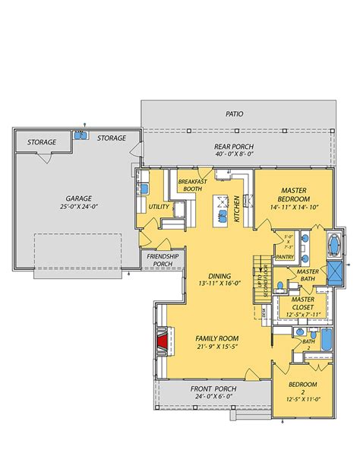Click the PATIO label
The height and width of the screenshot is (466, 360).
click(x=234, y=114)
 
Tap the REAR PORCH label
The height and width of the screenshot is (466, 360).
click(x=233, y=147)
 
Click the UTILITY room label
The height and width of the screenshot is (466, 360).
click(x=158, y=206)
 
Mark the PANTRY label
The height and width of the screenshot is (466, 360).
click(x=285, y=257)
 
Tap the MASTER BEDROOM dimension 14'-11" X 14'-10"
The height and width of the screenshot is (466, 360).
click(x=293, y=205)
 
